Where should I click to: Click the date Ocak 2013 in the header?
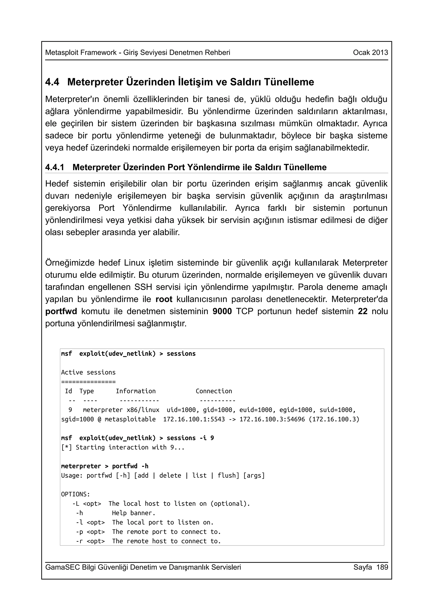pyautogui.click(x=370, y=53)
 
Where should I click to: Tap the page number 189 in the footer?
pyautogui.click(x=382, y=567)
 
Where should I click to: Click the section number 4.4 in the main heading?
pyautogui.click(x=52, y=82)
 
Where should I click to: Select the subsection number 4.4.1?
pyautogui.click(x=55, y=167)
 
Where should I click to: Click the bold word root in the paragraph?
pyautogui.click(x=164, y=299)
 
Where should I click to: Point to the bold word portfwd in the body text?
pyautogui.click(x=61, y=311)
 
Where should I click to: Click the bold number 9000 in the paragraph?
pyautogui.click(x=222, y=311)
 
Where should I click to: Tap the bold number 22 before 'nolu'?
pyautogui.click(x=363, y=311)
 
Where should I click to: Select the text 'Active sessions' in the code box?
pyautogui.click(x=88, y=372)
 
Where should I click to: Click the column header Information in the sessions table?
pyautogui.click(x=136, y=391)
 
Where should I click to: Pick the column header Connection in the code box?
pyautogui.click(x=214, y=391)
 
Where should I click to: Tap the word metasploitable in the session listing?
pyautogui.click(x=130, y=419)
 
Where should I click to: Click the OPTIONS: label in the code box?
pyautogui.click(x=75, y=494)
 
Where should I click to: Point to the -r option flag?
pyautogui.click(x=79, y=541)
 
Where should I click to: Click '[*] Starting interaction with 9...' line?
pyautogui.click(x=123, y=447)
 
